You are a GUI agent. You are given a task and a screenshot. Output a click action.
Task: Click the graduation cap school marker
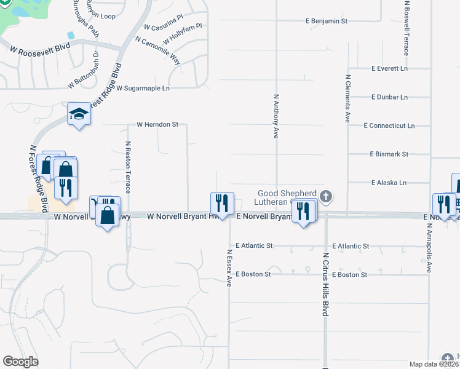[x=79, y=114]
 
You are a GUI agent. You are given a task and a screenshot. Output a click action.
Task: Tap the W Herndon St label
[x=157, y=124]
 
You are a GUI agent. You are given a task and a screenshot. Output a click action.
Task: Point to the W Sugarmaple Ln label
[x=143, y=89]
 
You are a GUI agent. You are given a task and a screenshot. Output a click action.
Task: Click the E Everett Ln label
[x=389, y=69]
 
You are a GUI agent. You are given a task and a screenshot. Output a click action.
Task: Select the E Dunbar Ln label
[x=389, y=97]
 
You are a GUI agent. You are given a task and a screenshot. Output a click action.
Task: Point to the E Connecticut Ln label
[x=389, y=125]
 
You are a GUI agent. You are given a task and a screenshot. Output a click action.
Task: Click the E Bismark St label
[x=389, y=154]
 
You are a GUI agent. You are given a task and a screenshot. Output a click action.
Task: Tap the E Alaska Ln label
[x=389, y=183]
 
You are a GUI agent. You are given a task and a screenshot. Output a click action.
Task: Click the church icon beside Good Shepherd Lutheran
[x=326, y=197]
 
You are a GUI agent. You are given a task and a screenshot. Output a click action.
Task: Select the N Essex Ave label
[x=229, y=268]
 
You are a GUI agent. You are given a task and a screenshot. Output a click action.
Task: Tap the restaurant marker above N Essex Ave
[x=221, y=203]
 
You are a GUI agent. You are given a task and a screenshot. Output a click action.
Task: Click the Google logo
[x=20, y=362]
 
